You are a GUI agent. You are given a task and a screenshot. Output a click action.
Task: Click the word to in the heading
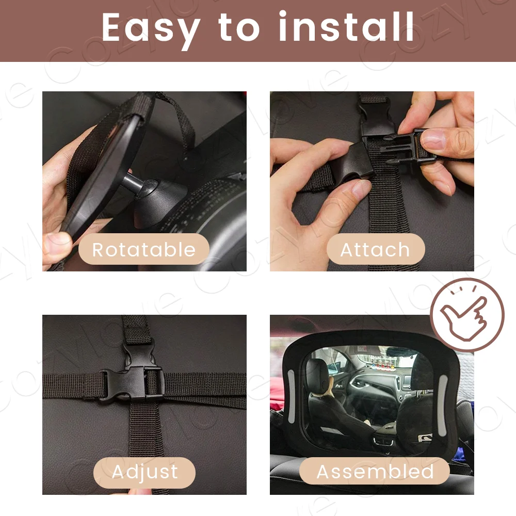click(x=239, y=28)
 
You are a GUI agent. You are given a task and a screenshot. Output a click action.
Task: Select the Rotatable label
click(x=144, y=249)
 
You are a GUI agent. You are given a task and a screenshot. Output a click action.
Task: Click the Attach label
click(x=375, y=249)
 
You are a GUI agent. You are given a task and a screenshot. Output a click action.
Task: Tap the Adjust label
click(x=144, y=472)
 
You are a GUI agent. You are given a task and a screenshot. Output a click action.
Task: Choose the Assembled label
click(x=375, y=471)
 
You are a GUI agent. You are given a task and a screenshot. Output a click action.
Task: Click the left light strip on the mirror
click(x=292, y=396)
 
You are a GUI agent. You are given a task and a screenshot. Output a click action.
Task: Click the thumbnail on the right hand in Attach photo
click(x=433, y=138)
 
